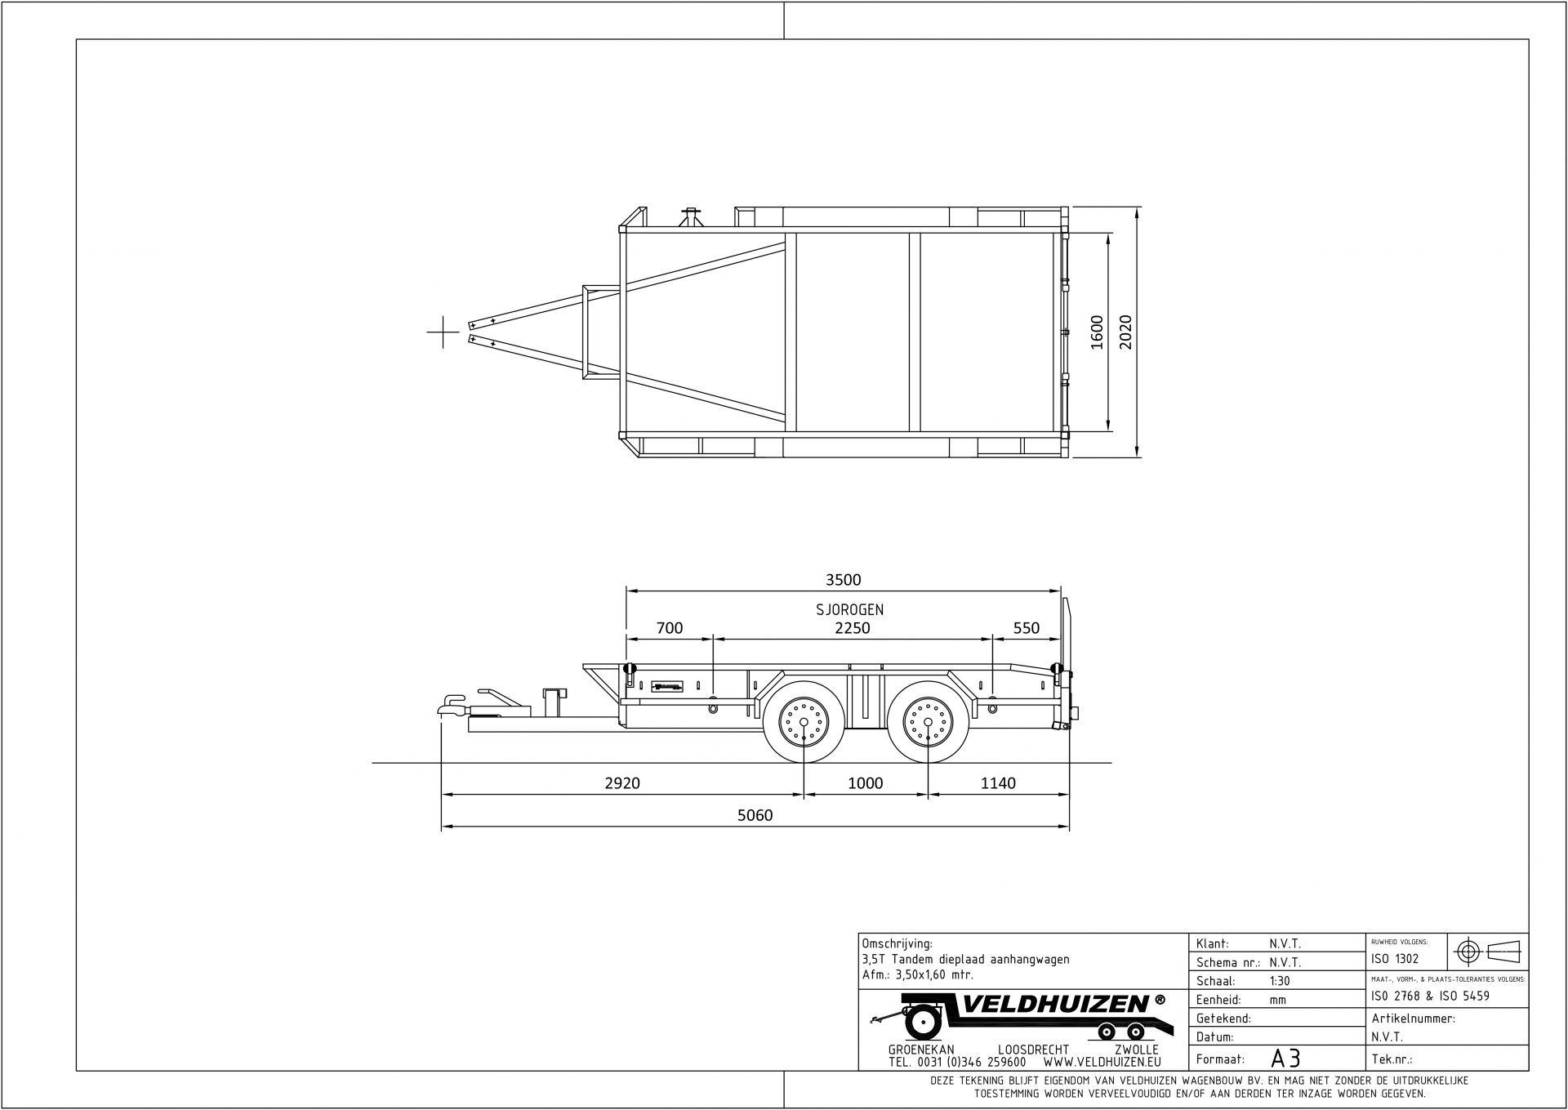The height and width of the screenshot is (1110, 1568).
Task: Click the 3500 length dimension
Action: click(x=843, y=580)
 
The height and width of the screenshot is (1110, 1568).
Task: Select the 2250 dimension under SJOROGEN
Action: click(x=852, y=628)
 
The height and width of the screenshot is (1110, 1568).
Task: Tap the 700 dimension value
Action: click(x=669, y=628)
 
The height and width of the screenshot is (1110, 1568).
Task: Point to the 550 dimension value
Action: click(x=1026, y=628)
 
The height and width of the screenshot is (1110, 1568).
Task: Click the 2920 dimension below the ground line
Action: click(x=621, y=783)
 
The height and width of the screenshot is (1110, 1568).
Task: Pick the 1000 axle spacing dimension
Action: click(x=865, y=783)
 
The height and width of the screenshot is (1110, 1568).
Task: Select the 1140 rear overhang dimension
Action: click(x=997, y=783)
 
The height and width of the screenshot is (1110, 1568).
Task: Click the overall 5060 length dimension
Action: click(x=754, y=815)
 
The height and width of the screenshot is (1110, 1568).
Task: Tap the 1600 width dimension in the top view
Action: click(x=1097, y=332)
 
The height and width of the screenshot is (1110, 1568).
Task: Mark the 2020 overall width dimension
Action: click(x=1126, y=332)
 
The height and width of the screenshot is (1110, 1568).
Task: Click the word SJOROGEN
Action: click(x=849, y=610)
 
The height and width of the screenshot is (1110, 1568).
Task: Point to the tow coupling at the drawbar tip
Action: click(x=452, y=705)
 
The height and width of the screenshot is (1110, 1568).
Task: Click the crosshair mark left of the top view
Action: click(x=443, y=332)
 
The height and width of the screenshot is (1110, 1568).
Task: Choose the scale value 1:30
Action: click(x=1280, y=981)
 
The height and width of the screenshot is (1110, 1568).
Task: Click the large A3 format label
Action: click(x=1285, y=1059)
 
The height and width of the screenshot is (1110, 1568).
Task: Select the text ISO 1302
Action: click(x=1395, y=959)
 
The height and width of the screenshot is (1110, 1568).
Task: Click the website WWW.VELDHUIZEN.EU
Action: click(x=1102, y=1063)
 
